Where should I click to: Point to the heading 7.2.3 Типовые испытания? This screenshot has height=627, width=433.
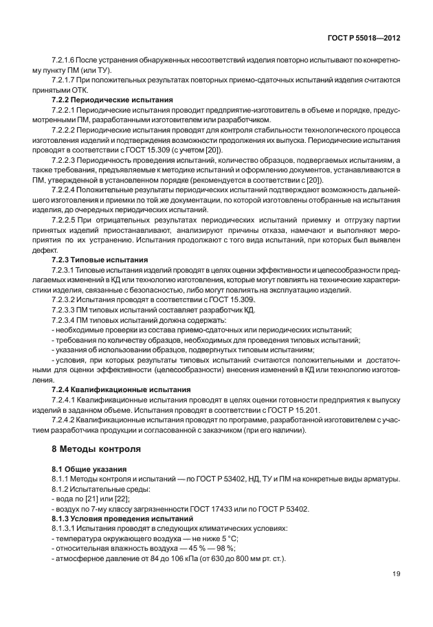pyautogui.click(x=95, y=261)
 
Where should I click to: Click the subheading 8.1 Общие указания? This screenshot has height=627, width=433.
pyautogui.click(x=82, y=469)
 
